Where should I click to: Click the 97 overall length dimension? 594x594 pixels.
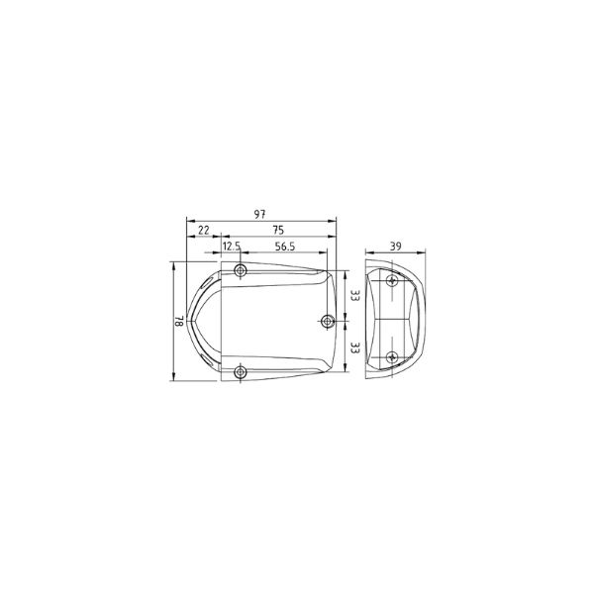tap(259, 215)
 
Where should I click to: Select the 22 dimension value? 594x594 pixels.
tap(204, 230)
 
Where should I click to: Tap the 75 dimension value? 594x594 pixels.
tap(278, 230)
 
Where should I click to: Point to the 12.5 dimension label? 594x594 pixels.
tap(232, 247)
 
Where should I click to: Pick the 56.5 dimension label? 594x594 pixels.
tap(285, 247)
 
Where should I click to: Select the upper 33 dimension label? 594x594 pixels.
tap(355, 295)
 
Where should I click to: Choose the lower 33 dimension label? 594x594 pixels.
tap(355, 347)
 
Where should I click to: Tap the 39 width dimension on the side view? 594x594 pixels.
tap(395, 247)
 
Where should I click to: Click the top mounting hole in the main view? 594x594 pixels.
tap(241, 271)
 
